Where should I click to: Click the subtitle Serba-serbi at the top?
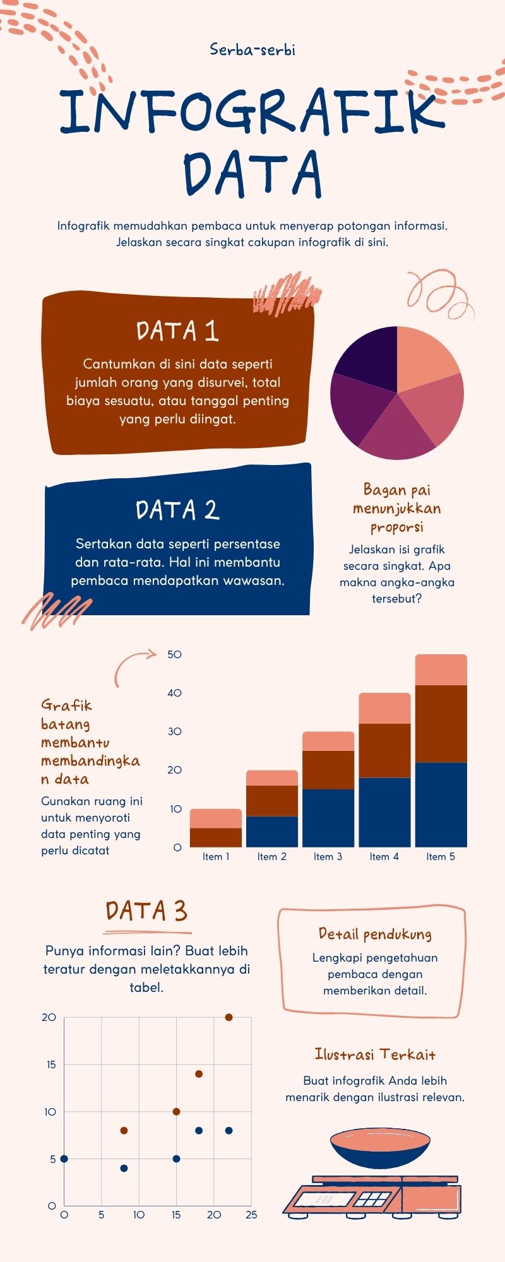pyautogui.click(x=252, y=50)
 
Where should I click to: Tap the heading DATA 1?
pyautogui.click(x=177, y=331)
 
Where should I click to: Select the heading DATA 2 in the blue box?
pyautogui.click(x=177, y=510)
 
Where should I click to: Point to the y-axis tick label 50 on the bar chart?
pyautogui.click(x=174, y=654)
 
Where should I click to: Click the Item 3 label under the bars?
pyautogui.click(x=328, y=856)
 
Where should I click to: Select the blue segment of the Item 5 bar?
pyautogui.click(x=441, y=805)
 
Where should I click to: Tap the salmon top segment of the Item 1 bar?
pyautogui.click(x=216, y=818)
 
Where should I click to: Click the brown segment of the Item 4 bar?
pyautogui.click(x=384, y=750)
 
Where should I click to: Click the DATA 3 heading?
pyautogui.click(x=146, y=911)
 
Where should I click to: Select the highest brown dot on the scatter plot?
pyautogui.click(x=229, y=1017)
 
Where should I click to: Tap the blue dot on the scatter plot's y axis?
pyautogui.click(x=64, y=1159)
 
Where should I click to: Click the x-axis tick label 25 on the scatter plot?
pyautogui.click(x=251, y=1215)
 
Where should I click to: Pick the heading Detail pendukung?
pyautogui.click(x=375, y=934)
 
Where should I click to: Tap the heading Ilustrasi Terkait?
pyautogui.click(x=375, y=1054)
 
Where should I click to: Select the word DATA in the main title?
pyautogui.click(x=252, y=173)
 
